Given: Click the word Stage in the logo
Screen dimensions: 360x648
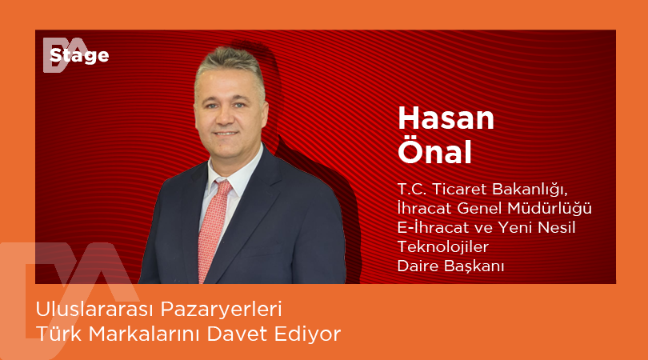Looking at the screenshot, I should [x=79, y=55].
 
